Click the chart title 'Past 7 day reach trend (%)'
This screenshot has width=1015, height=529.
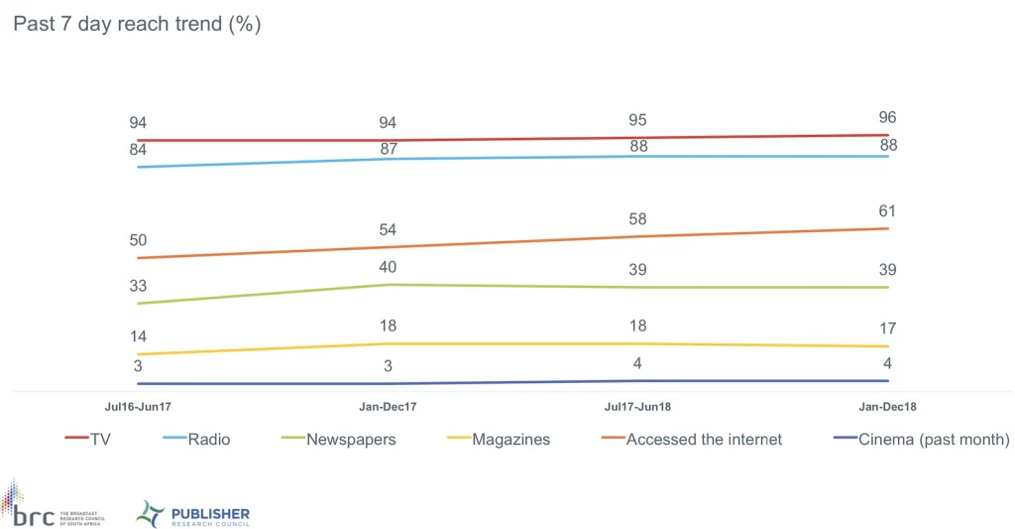[x=137, y=25]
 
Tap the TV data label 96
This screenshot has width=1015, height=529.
[x=887, y=117]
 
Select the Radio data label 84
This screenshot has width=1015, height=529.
[x=137, y=150]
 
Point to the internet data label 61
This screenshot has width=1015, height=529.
[x=887, y=210]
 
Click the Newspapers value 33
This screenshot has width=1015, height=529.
[x=137, y=286]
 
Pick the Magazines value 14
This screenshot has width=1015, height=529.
[x=137, y=336]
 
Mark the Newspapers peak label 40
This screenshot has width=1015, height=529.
[x=388, y=267]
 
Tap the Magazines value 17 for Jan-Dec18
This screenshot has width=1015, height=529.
[x=887, y=329]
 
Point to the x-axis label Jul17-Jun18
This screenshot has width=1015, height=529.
[x=637, y=406]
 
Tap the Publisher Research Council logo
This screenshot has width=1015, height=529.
[x=193, y=514]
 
